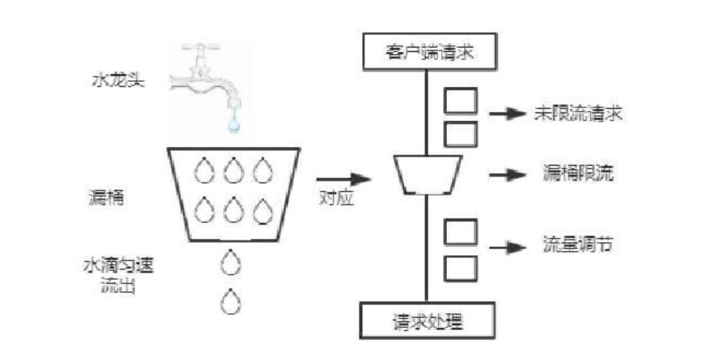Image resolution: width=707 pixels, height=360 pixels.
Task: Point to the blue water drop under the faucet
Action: click(233, 126)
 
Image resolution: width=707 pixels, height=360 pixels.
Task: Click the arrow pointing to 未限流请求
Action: click(507, 115)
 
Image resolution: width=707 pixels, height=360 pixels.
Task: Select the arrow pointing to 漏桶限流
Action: click(507, 174)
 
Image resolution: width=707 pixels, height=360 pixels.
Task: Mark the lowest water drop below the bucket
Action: click(232, 299)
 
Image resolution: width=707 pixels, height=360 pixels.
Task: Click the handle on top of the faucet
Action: click(198, 49)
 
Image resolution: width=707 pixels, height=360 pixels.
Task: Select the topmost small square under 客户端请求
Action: click(460, 100)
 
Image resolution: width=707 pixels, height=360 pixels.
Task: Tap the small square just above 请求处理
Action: click(460, 267)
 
